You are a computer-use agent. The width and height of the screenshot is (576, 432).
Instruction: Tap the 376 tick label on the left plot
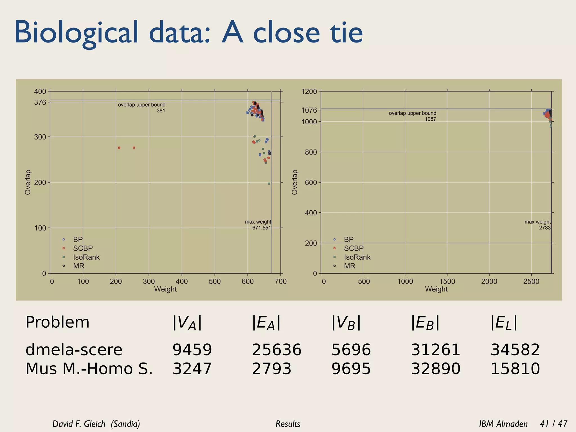(40, 103)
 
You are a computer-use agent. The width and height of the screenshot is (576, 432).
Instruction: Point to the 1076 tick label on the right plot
(309, 110)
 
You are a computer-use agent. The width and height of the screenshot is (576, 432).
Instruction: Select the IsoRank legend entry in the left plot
(86, 257)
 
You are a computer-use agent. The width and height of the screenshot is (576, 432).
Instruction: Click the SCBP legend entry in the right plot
(354, 248)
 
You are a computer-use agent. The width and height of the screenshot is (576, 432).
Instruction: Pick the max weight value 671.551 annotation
(261, 228)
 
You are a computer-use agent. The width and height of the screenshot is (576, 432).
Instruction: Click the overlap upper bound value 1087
(430, 119)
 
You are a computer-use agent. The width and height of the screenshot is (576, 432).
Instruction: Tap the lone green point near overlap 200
(269, 184)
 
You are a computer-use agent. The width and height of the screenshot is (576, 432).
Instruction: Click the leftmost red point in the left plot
(119, 148)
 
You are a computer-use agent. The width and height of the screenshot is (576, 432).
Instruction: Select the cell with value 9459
(192, 350)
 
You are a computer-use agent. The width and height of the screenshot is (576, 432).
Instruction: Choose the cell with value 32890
(436, 369)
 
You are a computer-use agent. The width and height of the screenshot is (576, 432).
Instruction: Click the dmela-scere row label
(74, 350)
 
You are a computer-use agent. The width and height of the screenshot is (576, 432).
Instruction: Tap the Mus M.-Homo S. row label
(89, 369)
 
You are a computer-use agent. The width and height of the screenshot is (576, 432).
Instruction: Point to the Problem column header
(57, 322)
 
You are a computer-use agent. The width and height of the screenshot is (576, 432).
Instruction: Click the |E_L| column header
(504, 323)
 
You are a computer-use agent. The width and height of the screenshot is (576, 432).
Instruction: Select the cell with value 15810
(515, 369)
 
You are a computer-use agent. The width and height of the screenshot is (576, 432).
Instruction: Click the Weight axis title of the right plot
(436, 289)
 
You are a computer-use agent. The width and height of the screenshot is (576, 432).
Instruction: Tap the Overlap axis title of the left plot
(28, 182)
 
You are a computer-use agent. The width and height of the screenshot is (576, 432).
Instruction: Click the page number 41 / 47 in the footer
(553, 424)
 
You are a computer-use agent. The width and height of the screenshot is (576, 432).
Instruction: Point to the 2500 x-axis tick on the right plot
(531, 281)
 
